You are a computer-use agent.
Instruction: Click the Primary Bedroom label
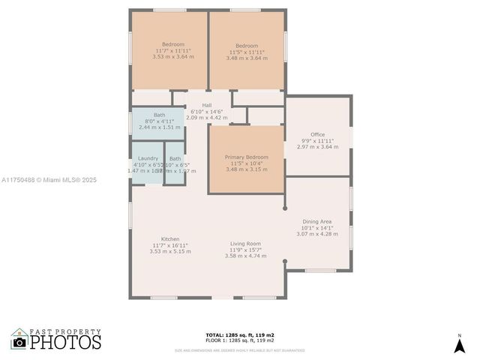[246, 157]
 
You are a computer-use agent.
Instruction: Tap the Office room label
[317, 134]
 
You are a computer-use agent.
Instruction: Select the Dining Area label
[317, 221]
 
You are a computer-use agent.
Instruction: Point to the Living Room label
[245, 244]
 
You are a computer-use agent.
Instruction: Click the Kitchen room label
[170, 238]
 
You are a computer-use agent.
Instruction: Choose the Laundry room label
[148, 158]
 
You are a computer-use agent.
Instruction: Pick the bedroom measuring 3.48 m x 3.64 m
[246, 57]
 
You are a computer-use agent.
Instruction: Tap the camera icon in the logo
[19, 342]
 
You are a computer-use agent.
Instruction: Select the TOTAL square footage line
[240, 334]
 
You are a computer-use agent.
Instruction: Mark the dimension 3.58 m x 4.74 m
[245, 256]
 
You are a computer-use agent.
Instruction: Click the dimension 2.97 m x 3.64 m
[317, 147]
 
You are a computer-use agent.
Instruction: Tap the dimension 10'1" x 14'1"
[317, 228]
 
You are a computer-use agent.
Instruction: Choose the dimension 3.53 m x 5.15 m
[170, 251]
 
